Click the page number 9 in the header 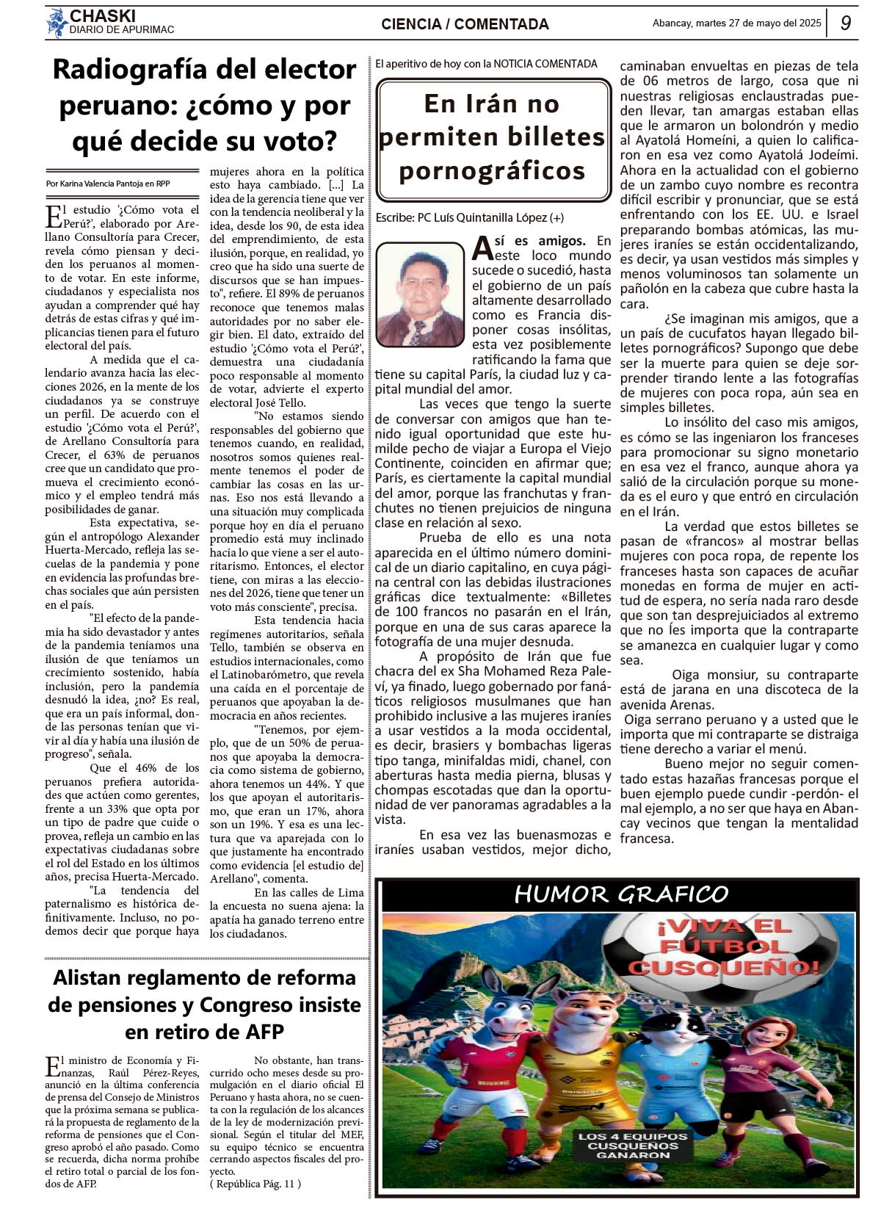click(x=846, y=23)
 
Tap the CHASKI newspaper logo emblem click(x=57, y=23)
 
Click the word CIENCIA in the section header click(x=411, y=24)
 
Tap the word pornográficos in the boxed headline click(x=492, y=171)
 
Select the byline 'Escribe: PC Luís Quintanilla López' click(x=469, y=217)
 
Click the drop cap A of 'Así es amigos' click(x=482, y=248)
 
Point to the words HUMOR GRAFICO click(x=621, y=894)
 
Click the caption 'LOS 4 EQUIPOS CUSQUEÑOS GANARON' click(x=632, y=1146)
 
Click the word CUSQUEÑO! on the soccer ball click(x=723, y=967)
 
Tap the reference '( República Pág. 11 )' click(x=255, y=1183)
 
